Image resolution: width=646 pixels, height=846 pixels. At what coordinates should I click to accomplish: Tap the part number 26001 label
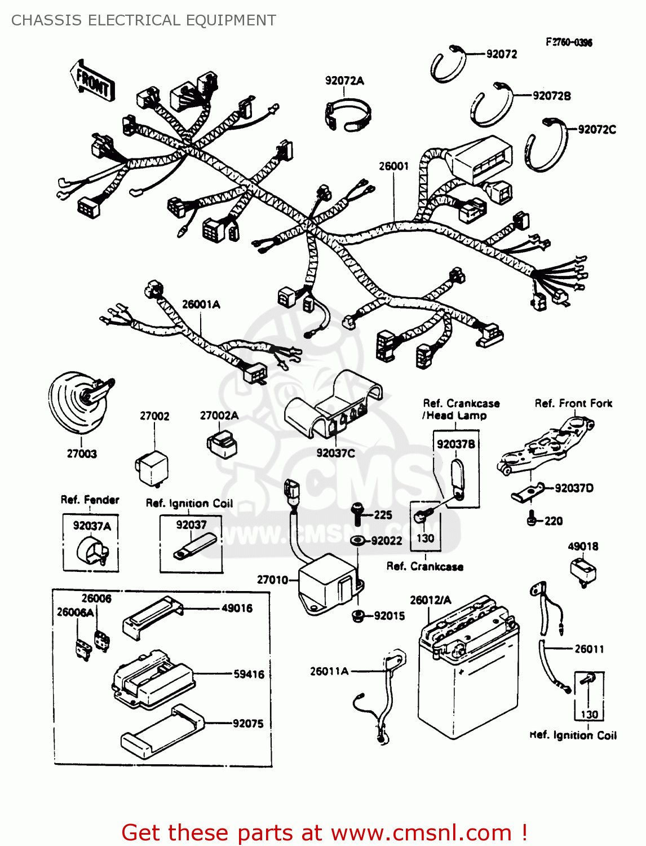coord(393,166)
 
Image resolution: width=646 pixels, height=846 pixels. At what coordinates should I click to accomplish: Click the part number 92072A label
coord(344,81)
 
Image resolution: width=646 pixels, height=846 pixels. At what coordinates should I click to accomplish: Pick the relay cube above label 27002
coord(152,467)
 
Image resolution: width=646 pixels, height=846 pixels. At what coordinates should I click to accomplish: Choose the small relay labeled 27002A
coord(222,444)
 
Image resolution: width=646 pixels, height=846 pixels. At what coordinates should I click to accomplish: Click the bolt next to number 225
coord(357,513)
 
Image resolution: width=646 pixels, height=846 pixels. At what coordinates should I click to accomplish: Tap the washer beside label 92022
coord(357,541)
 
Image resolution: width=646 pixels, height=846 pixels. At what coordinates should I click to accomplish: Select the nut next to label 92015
coord(357,615)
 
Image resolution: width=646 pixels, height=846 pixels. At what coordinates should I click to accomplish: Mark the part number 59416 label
coord(249,674)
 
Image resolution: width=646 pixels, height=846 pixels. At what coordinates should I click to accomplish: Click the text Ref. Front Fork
coord(573,403)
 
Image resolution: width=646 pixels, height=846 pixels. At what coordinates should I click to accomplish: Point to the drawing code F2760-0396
coord(568,42)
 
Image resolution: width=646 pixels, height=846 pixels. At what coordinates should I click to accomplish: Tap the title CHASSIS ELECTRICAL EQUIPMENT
coord(144,20)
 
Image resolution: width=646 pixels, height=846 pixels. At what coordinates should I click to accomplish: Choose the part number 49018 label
coord(583,546)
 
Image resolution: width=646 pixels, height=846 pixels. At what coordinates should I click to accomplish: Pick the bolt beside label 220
coord(531,519)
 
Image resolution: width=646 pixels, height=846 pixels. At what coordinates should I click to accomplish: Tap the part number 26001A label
coord(201,304)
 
